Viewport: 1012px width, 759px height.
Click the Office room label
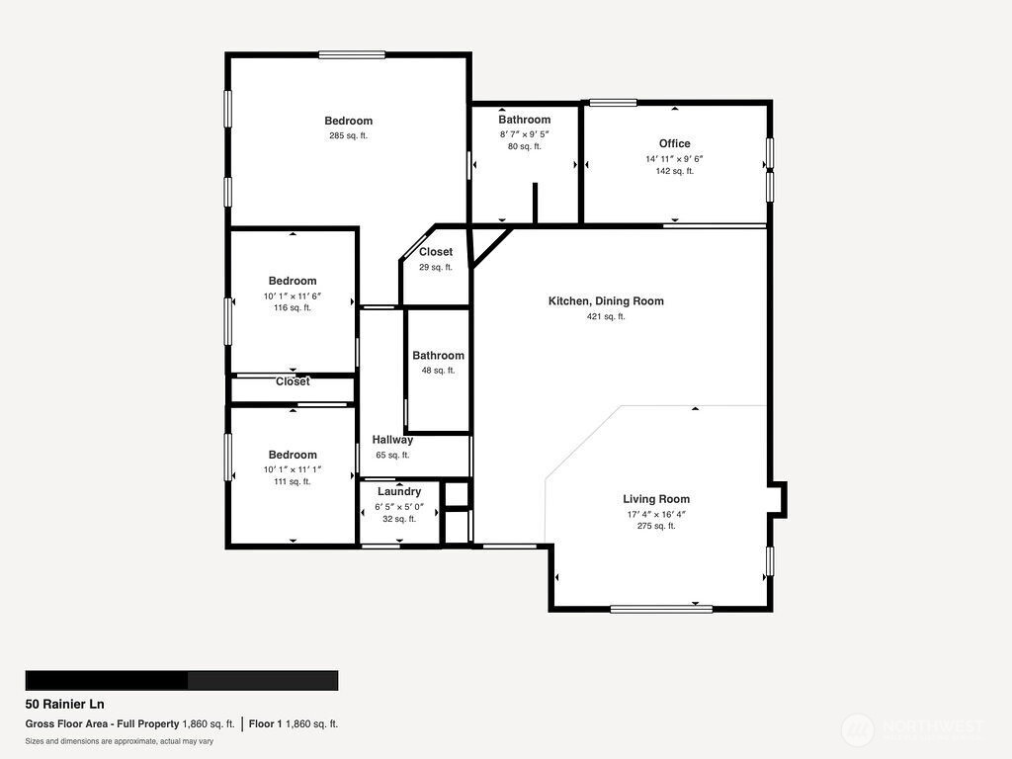click(674, 143)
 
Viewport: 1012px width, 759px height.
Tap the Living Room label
click(656, 499)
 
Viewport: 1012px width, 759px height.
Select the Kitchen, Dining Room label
click(606, 300)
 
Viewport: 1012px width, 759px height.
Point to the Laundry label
click(399, 492)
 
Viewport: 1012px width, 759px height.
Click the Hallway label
click(392, 440)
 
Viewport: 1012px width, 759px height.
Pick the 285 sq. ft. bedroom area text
click(349, 135)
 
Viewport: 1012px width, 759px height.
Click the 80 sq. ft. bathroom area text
click(525, 146)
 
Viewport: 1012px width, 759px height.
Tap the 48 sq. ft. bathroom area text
click(438, 371)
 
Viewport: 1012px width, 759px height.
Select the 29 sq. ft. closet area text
click(436, 267)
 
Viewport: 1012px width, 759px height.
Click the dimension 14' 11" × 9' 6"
click(674, 159)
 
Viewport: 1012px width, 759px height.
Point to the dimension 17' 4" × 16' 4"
click(656, 514)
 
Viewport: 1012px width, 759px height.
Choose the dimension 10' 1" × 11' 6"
click(293, 296)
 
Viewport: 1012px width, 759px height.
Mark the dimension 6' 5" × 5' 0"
click(399, 507)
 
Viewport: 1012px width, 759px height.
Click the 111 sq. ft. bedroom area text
click(293, 481)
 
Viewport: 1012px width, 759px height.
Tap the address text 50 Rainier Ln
click(64, 704)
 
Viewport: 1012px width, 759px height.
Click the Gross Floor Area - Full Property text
click(102, 724)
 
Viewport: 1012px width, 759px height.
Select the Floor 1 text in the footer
click(265, 724)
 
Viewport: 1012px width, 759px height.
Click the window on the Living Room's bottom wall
click(661, 609)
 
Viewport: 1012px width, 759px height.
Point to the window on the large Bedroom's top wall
click(352, 55)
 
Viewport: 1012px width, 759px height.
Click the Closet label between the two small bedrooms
click(293, 381)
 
